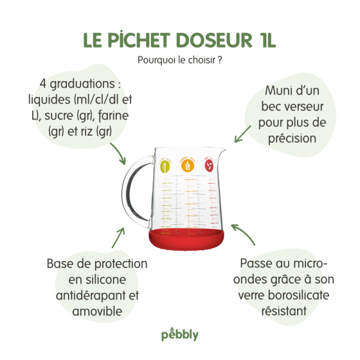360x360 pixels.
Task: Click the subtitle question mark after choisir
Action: tap(220, 60)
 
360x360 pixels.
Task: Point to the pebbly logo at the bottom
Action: tap(179, 336)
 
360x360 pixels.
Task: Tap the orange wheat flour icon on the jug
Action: tap(188, 165)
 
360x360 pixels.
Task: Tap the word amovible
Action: tap(97, 311)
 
